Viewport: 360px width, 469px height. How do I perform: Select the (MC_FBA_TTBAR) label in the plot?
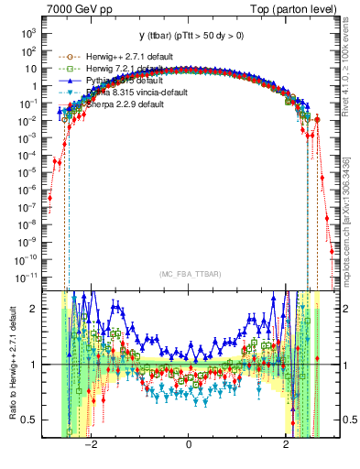[x=189, y=274]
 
